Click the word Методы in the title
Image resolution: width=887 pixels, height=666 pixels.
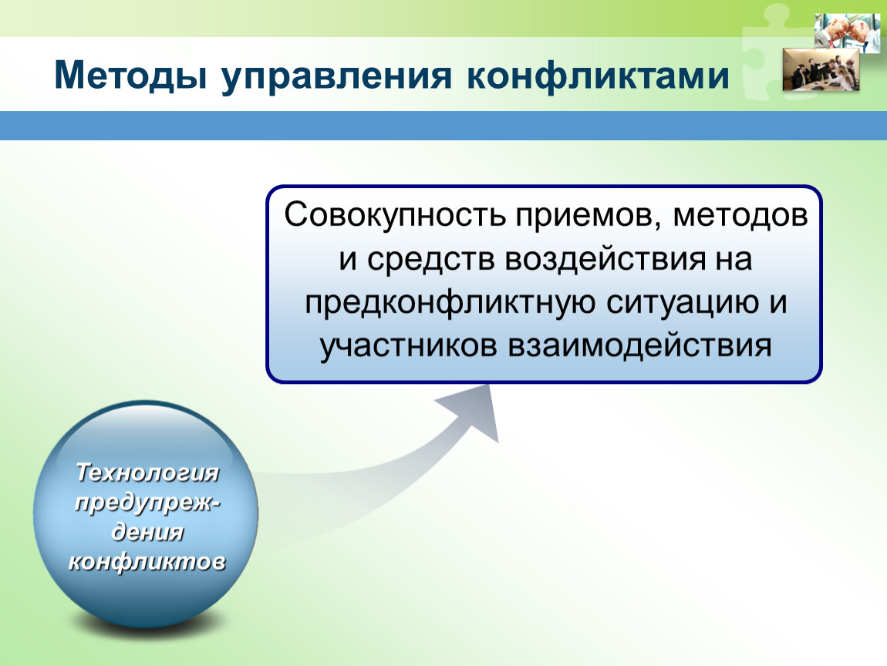click(x=130, y=76)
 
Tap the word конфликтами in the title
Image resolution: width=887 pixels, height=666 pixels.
click(x=599, y=76)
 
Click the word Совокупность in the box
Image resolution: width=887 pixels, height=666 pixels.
click(x=394, y=215)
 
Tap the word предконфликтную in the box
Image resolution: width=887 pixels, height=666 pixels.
click(x=451, y=303)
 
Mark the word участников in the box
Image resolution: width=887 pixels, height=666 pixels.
click(x=409, y=347)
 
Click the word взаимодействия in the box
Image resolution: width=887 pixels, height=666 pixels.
click(x=639, y=346)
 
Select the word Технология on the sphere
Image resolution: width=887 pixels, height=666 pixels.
click(x=147, y=473)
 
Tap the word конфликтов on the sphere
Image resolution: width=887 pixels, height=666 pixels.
click(x=147, y=562)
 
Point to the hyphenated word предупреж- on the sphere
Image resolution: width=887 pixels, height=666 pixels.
click(x=147, y=503)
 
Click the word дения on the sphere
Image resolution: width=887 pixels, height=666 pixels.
click(x=147, y=533)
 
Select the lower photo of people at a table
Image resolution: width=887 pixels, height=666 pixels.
click(x=821, y=69)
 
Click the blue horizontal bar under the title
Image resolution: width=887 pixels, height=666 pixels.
click(x=443, y=126)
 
